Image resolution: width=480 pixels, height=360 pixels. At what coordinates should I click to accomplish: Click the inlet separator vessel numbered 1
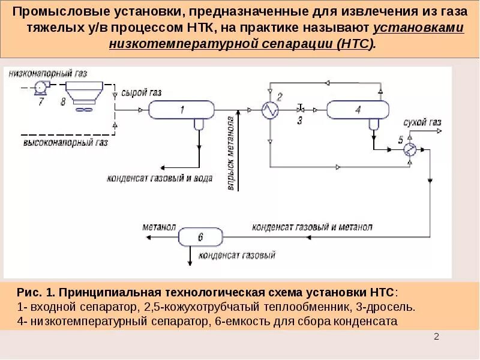click(182, 110)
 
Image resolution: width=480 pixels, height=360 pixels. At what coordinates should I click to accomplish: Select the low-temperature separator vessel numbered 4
click(358, 110)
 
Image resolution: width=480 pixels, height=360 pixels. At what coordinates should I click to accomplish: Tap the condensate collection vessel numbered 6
click(200, 238)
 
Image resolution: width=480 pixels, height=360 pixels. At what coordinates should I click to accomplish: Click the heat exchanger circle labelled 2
click(269, 110)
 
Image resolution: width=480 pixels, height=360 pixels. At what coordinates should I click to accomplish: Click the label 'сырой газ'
click(141, 93)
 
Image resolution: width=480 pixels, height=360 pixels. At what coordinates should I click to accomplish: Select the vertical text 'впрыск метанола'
click(230, 155)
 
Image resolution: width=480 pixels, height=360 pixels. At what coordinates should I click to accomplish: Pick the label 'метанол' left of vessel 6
click(158, 227)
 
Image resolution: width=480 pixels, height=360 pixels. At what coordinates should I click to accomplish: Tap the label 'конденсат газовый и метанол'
click(312, 227)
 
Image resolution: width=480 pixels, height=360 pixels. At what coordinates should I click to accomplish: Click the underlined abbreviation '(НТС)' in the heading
click(355, 44)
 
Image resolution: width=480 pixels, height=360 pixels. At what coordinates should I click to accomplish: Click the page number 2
click(437, 337)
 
